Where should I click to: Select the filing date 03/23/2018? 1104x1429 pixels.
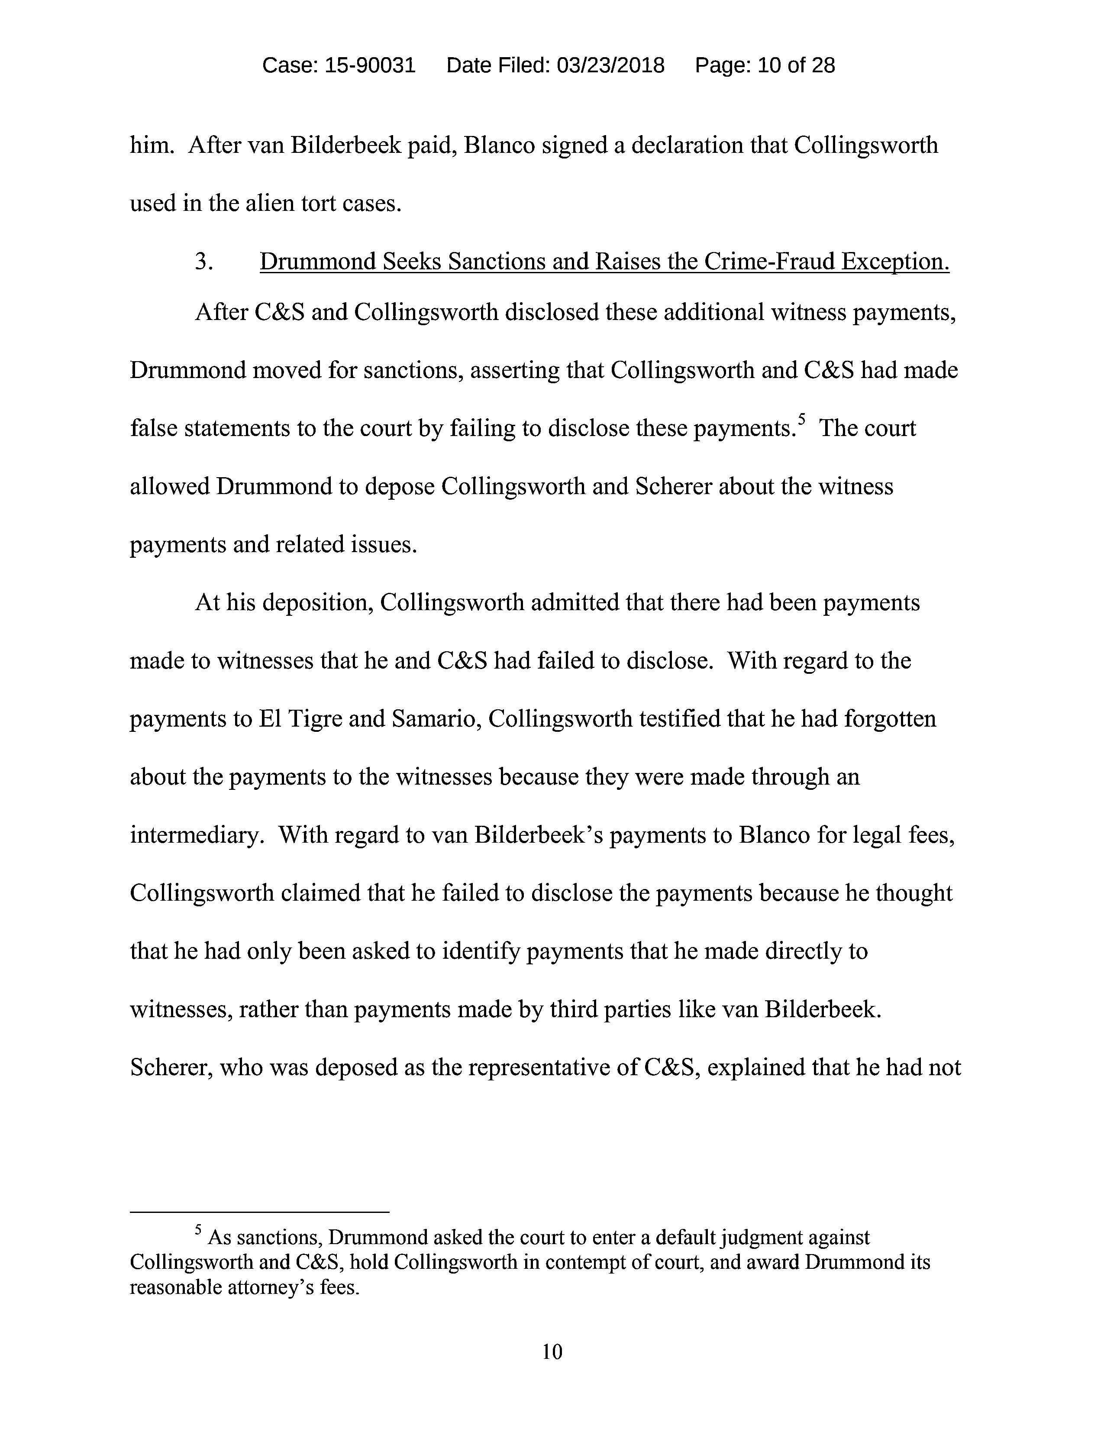pos(610,65)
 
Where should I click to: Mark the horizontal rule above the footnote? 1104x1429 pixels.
pos(260,1212)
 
